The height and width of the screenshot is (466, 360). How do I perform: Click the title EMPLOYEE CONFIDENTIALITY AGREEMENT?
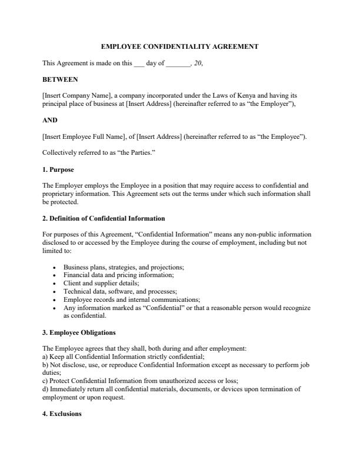click(x=179, y=46)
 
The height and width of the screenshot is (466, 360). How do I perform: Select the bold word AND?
click(x=50, y=120)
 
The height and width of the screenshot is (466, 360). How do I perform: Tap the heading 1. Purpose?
click(x=58, y=169)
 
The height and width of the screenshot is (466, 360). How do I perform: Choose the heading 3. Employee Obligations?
click(x=79, y=332)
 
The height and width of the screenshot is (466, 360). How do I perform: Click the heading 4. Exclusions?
click(x=62, y=414)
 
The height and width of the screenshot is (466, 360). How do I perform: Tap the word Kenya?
click(x=250, y=95)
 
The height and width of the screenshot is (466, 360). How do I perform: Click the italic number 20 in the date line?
click(x=198, y=63)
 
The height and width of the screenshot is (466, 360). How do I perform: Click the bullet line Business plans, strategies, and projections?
click(x=124, y=267)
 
